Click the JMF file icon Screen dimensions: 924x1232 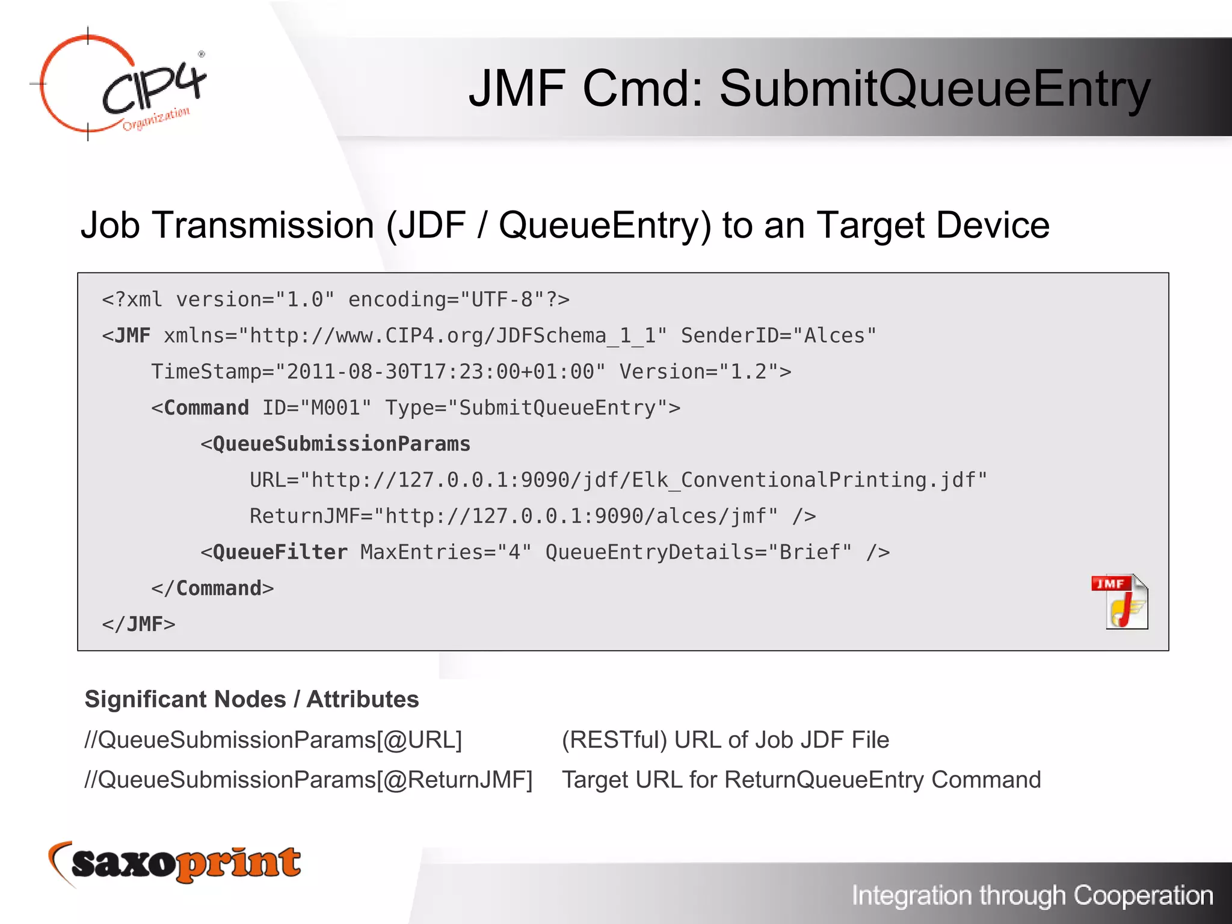tap(1120, 602)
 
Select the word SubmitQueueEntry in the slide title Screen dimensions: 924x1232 tap(934, 89)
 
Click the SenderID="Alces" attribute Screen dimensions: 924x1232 tap(778, 336)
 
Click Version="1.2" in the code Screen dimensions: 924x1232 tap(705, 372)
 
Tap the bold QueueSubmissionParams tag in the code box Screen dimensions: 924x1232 tap(341, 444)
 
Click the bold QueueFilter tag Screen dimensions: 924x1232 tap(280, 552)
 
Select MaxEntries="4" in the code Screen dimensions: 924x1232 tap(446, 552)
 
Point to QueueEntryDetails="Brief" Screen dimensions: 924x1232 tap(698, 552)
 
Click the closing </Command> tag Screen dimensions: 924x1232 tap(212, 588)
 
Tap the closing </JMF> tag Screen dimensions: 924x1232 tap(138, 624)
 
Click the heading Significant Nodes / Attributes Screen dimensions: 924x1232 tap(251, 699)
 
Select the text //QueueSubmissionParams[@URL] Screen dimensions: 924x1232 tap(274, 740)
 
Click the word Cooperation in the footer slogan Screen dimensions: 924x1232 tap(1143, 896)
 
